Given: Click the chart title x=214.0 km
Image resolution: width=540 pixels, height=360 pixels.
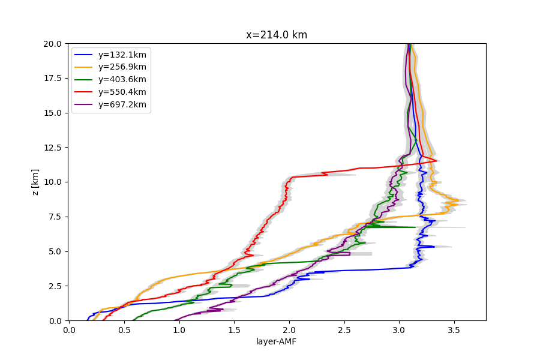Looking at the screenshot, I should click(276, 35).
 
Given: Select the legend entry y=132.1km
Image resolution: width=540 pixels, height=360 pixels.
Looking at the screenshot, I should click(122, 55).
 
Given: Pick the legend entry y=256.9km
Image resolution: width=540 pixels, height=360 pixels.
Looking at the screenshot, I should click(122, 67).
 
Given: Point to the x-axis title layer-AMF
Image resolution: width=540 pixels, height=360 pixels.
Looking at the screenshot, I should click(276, 342).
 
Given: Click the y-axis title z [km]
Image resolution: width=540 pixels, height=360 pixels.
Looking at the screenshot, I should click(35, 182).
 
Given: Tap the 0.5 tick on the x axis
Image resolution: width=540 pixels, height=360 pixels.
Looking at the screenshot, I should click(124, 329).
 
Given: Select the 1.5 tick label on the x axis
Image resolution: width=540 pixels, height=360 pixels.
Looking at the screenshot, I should click(234, 329).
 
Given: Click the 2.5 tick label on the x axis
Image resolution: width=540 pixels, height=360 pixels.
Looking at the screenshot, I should click(344, 329).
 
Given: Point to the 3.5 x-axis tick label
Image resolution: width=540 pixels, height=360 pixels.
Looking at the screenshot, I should click(454, 329).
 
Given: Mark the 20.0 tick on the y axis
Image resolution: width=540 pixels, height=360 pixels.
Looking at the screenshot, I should click(52, 44).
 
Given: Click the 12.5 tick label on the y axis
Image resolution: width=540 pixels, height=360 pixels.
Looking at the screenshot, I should click(52, 148).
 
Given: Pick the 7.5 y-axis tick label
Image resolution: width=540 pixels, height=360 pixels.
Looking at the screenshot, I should click(55, 217).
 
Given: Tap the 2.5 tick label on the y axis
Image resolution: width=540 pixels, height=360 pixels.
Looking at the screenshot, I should click(55, 286).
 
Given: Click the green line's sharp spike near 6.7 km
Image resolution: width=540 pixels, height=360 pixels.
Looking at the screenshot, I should click(415, 227).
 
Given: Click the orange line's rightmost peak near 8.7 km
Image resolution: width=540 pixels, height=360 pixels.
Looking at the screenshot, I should click(458, 200).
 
